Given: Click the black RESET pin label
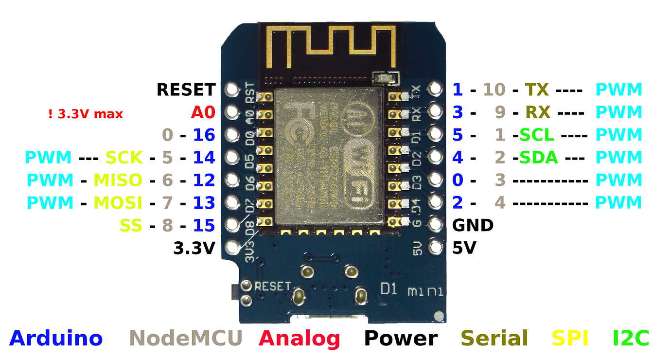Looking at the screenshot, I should [186, 90].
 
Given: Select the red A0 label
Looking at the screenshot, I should [203, 113].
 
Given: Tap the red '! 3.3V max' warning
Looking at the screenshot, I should [86, 114].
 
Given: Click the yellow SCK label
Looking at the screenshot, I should [124, 157].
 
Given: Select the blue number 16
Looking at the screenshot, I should [204, 135].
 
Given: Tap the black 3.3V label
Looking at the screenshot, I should [194, 248].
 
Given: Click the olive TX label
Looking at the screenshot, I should [537, 90].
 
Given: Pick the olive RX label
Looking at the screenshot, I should [537, 113].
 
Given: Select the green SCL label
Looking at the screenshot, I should [537, 135].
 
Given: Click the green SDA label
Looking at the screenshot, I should [538, 157].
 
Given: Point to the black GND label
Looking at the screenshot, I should [473, 225].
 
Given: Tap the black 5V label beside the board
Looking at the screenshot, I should [464, 248].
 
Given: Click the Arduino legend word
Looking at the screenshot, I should [56, 338].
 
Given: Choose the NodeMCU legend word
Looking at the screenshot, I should [186, 338].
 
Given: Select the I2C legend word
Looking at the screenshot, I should [631, 338].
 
